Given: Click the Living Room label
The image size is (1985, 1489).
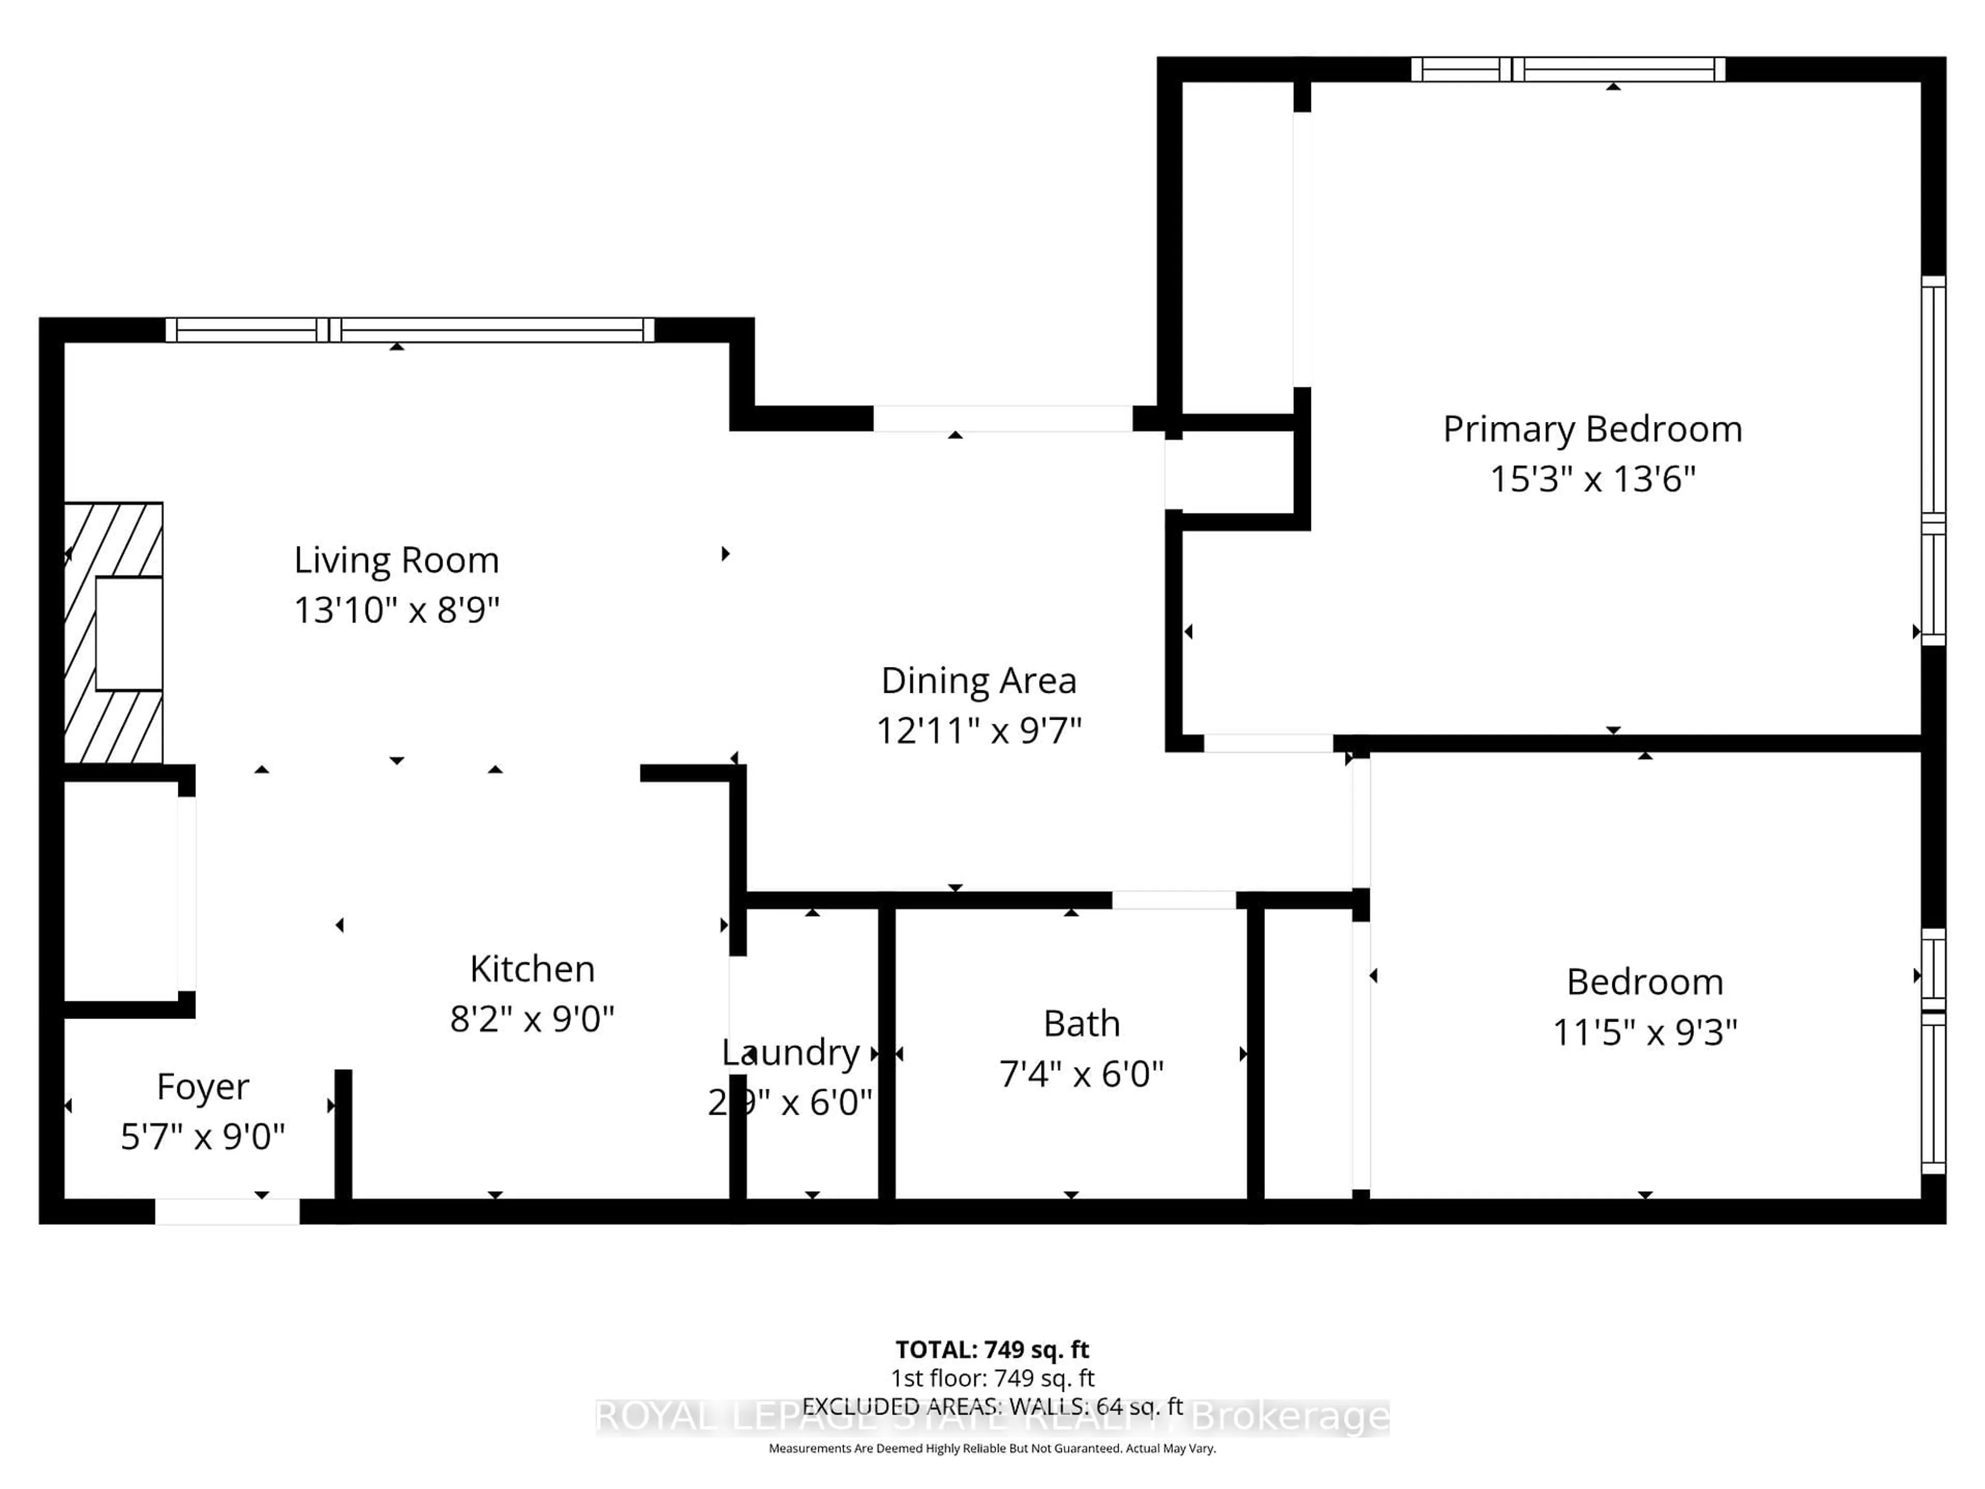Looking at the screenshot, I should (396, 560).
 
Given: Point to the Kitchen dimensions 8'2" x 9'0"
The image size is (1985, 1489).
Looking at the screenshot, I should (531, 1019).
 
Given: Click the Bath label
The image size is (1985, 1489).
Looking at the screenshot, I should (1081, 1023).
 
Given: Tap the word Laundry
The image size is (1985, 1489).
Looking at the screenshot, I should (790, 1052).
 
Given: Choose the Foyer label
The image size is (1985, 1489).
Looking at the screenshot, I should (203, 1086).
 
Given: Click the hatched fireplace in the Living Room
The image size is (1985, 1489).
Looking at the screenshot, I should (114, 633).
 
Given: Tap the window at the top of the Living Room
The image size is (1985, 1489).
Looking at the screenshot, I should (410, 329).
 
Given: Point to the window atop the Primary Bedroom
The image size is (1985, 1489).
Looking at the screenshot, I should (1568, 69).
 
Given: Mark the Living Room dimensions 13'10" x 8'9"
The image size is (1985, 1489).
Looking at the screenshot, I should (396, 610).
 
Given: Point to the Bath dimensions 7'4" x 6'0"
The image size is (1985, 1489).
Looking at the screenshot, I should (1081, 1073).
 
